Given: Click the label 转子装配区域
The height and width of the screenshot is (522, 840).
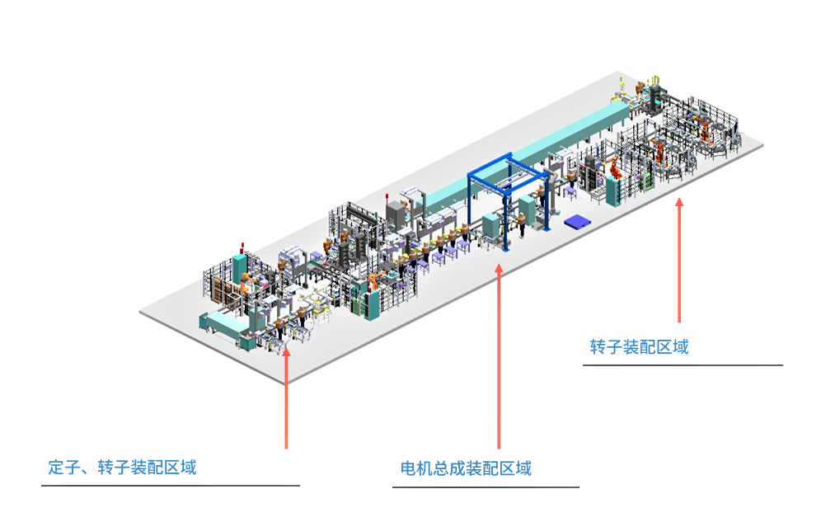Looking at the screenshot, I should coord(639,346).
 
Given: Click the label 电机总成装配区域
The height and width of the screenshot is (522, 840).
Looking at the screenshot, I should coord(466,469).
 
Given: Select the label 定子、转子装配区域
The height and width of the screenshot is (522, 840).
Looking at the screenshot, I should coord(122,468).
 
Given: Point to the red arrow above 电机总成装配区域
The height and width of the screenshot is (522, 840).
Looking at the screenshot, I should coord(499,355).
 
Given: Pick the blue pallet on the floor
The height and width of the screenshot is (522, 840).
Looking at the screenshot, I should coord(577,221).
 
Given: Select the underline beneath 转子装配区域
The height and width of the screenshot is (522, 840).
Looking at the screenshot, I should coord(683,364).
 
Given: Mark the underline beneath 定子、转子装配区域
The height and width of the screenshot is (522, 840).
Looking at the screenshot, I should coord(170,486).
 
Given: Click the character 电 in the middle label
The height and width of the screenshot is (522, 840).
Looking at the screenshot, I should coord(408,469).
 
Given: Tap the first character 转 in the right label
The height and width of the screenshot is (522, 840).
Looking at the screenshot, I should coord(598,346).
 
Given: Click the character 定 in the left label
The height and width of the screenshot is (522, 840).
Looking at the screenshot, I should coord(56,468).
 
